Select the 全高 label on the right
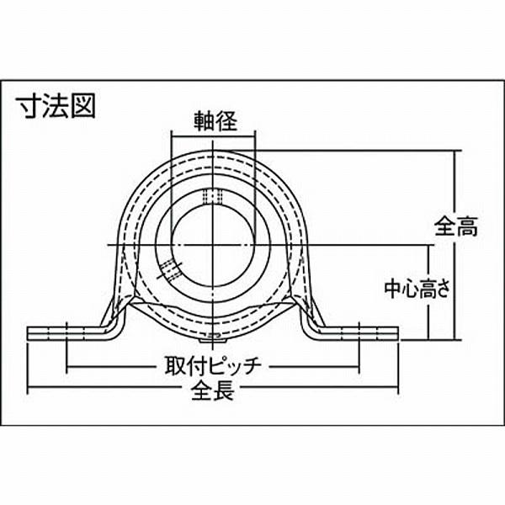pyautogui.click(x=457, y=226)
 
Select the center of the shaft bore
pyautogui.click(x=213, y=244)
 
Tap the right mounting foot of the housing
pyautogui.click(x=358, y=332)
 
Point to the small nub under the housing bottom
pyautogui.click(x=213, y=339)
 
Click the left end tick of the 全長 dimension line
pyautogui.click(x=29, y=390)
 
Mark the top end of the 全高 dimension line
pyautogui.click(x=457, y=151)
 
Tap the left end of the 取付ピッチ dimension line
pyautogui.click(x=66, y=367)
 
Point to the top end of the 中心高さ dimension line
pyautogui.click(x=427, y=244)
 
